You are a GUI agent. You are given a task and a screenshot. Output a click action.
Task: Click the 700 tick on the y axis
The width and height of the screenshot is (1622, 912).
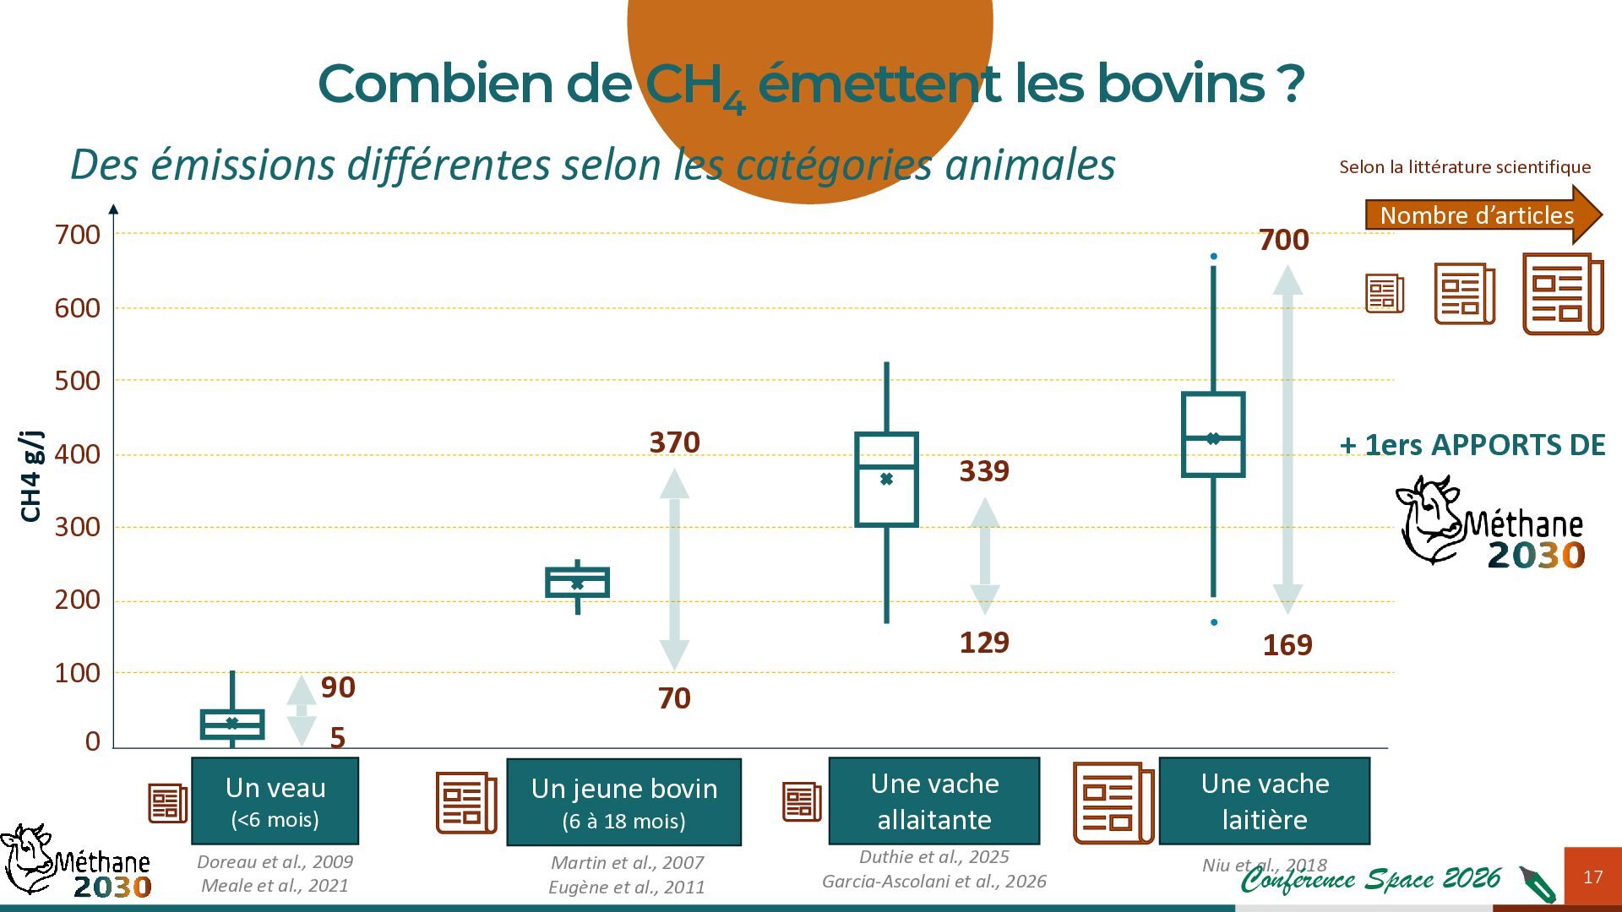point(78,235)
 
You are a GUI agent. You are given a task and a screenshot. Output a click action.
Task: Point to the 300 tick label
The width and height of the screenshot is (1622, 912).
point(78,527)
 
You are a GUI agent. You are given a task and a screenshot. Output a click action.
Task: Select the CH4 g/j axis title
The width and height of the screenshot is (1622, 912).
point(31,476)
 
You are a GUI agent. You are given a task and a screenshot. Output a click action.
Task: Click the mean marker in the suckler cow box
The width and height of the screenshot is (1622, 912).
point(886,479)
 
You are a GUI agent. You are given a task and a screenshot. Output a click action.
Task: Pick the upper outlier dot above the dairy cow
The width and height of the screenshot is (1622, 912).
point(1214,256)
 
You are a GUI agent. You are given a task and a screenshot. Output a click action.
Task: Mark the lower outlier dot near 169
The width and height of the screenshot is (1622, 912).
point(1214,622)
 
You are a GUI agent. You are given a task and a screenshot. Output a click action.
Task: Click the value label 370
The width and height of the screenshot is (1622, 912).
point(674,442)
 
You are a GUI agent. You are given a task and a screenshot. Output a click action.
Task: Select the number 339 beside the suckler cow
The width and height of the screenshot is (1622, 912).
point(984,471)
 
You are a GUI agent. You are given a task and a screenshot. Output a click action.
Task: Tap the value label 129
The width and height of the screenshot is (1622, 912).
point(984,643)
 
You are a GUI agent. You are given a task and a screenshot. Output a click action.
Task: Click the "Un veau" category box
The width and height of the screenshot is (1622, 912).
point(275,801)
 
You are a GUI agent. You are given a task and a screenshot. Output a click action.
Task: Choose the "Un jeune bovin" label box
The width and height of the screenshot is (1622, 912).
point(624,802)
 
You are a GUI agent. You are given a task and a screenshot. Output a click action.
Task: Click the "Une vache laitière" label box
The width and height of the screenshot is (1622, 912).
point(1265,801)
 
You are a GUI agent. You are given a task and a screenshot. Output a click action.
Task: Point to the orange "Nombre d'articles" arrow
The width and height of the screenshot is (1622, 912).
point(1483,215)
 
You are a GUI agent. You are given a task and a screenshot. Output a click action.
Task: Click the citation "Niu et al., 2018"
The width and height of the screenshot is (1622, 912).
point(1265,866)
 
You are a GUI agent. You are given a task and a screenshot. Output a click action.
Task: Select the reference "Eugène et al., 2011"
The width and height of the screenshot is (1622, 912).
point(626,887)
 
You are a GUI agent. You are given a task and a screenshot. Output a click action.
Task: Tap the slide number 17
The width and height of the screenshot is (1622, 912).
point(1592,877)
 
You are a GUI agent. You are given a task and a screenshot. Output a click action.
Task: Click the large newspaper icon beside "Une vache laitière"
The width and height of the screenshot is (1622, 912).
point(1113,803)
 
